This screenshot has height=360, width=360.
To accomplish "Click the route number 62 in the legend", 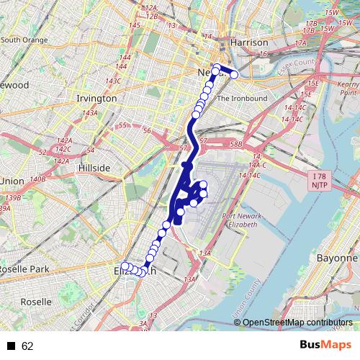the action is (x=27, y=346).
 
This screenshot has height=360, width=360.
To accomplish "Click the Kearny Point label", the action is (x=348, y=89).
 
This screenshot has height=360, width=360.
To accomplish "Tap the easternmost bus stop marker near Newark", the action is (x=233, y=73).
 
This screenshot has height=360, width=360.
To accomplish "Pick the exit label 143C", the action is (x=113, y=81).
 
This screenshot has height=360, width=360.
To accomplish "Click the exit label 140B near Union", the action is (x=38, y=179).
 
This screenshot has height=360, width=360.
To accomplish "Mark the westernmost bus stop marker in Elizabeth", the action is (x=125, y=266).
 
